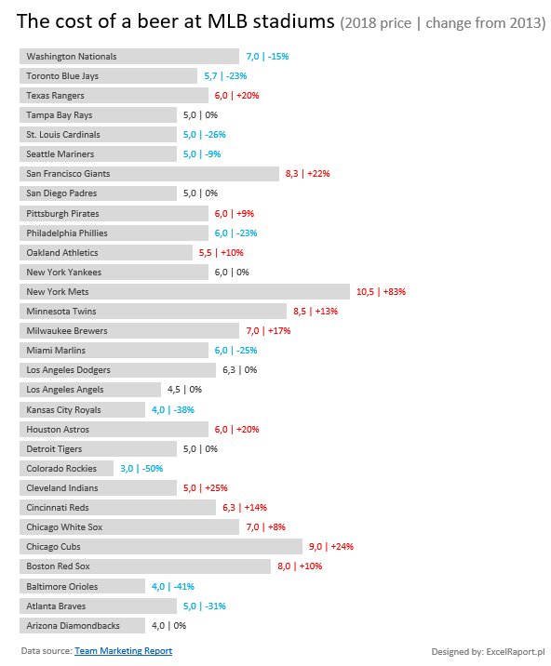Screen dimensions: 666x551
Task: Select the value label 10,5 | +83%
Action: coord(381,292)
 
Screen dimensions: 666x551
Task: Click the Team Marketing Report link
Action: coord(123,651)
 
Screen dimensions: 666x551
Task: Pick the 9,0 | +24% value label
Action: coord(331,546)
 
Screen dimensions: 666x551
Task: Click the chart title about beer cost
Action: coord(176,22)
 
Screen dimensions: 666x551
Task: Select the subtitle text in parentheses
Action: coord(442,24)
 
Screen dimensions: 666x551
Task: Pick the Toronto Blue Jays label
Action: coord(62,76)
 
